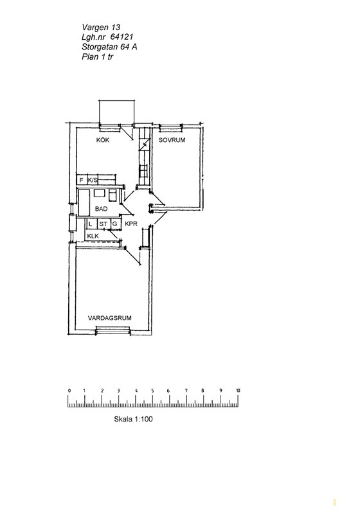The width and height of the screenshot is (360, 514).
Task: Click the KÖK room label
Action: click(x=103, y=140)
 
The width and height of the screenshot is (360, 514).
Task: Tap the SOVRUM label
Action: click(x=172, y=140)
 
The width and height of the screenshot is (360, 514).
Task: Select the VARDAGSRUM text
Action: click(x=110, y=318)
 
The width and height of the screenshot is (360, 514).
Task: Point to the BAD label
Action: click(x=102, y=209)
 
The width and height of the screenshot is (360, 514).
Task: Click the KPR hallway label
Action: click(x=130, y=224)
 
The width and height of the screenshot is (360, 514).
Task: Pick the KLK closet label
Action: click(x=93, y=236)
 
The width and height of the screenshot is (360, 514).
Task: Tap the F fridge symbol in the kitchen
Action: click(x=81, y=180)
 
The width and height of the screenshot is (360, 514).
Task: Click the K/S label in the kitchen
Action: click(x=93, y=180)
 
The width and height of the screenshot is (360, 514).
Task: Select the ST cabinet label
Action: click(x=104, y=224)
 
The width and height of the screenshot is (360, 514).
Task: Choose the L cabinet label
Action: click(x=90, y=224)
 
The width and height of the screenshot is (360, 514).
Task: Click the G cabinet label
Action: click(x=115, y=224)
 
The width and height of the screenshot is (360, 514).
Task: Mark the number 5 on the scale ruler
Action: click(x=152, y=391)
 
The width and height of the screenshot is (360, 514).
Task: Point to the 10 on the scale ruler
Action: click(x=238, y=391)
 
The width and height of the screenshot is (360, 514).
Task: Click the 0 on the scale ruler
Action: click(x=69, y=391)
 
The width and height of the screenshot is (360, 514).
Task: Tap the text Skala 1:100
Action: click(x=134, y=419)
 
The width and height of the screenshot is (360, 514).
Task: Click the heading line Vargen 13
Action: click(x=101, y=27)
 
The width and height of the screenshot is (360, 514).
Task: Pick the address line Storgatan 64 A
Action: click(x=109, y=47)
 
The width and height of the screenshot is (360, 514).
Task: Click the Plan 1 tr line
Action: click(x=98, y=57)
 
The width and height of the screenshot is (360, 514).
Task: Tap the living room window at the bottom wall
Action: click(x=113, y=331)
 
